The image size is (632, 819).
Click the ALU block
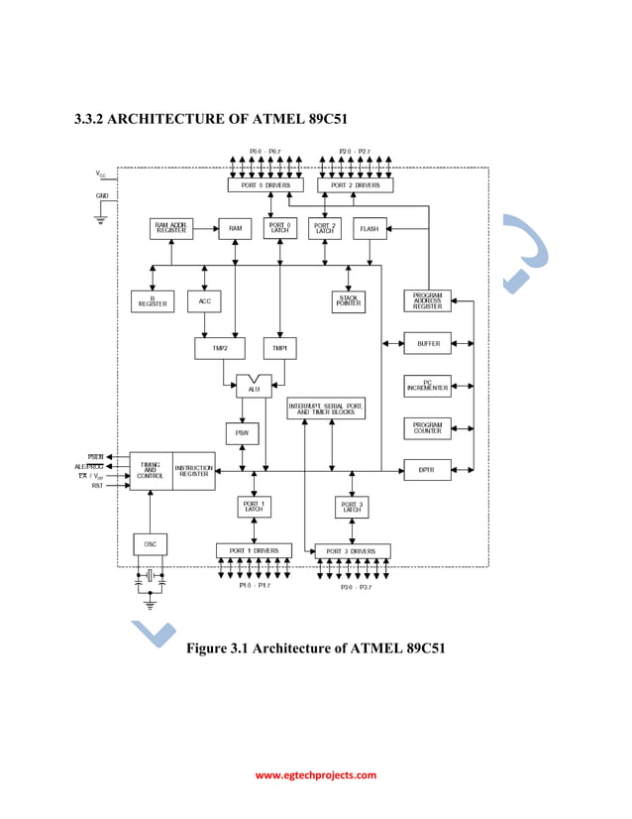click(254, 387)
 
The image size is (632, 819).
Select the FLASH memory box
click(369, 229)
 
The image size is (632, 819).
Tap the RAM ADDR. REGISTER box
click(171, 229)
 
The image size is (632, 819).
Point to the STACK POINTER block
click(348, 300)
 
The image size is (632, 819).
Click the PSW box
click(242, 433)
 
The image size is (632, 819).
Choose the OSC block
click(150, 543)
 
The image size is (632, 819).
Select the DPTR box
click(427, 470)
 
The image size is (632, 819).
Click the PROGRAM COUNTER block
click(427, 427)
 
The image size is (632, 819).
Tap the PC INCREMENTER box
click(427, 386)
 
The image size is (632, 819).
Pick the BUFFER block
click(427, 343)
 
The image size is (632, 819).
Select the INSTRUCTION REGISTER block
click(193, 471)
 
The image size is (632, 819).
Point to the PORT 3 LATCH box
click(352, 507)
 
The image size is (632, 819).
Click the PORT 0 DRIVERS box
click(265, 185)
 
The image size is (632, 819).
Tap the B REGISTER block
click(153, 300)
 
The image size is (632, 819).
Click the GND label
click(102, 195)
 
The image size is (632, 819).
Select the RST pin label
click(97, 486)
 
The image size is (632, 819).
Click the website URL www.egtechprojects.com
click(316, 775)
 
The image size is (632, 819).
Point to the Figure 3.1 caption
click(315, 648)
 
